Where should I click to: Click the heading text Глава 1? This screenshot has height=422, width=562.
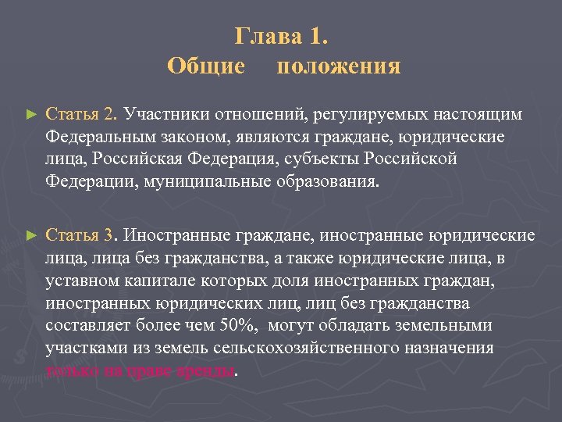click(x=283, y=37)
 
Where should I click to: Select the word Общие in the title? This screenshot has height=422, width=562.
click(x=206, y=66)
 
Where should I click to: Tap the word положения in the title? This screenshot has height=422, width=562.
click(x=339, y=66)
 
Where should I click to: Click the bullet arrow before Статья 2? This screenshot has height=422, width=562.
click(x=31, y=115)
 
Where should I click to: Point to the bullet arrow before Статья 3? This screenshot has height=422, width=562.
click(x=31, y=234)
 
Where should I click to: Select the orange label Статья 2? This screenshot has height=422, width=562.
click(x=81, y=115)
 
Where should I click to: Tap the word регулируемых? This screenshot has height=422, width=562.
click(x=366, y=115)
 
